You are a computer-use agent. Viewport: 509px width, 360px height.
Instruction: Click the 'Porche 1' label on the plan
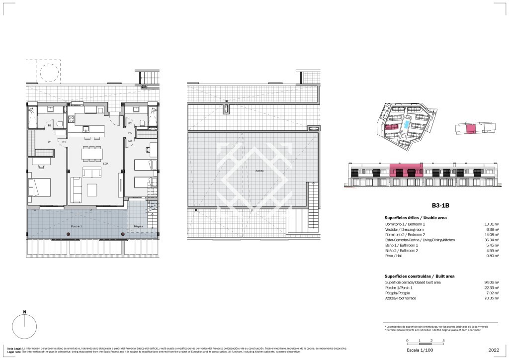pos(76,226)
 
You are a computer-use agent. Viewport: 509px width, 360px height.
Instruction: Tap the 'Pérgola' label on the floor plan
pos(138,226)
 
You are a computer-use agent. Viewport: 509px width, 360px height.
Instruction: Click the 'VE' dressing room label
pos(50,142)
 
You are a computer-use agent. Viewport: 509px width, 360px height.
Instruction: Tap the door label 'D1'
pos(64,142)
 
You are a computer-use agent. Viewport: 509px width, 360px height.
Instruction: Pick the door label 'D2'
pos(130,141)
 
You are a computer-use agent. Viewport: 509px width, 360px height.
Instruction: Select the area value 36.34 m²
pos(479,240)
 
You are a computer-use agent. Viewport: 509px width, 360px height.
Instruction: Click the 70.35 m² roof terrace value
pos(479,298)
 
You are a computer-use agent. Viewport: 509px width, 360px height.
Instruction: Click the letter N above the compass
pos(24,312)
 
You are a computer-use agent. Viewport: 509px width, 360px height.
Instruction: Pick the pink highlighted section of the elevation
pos(406,171)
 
